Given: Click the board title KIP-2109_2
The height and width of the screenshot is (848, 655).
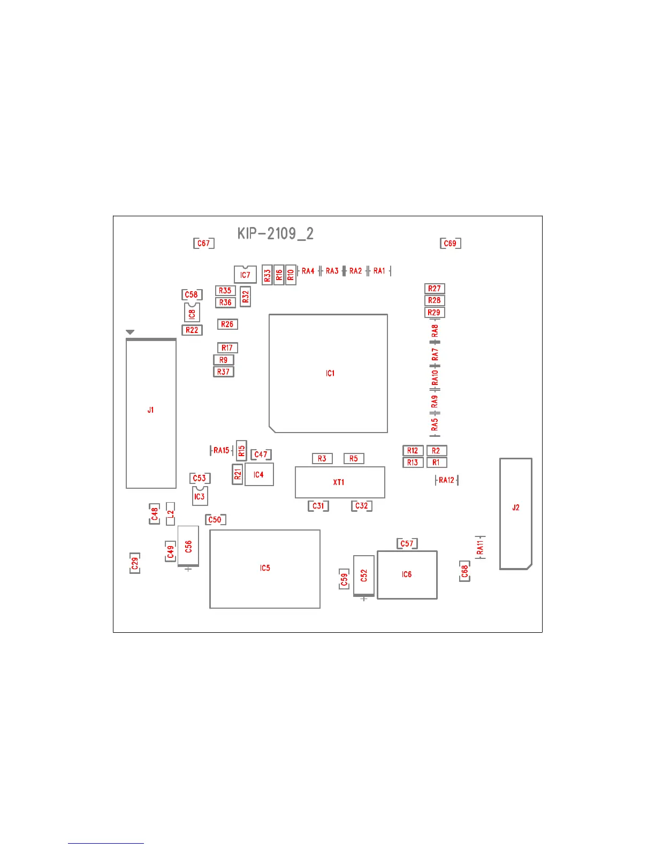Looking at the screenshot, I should [275, 234].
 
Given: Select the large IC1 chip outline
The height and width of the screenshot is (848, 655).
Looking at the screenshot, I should [329, 373].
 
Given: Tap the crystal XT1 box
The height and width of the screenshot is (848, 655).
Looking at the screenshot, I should [340, 482].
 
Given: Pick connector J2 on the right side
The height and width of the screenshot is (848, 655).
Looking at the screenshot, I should [515, 513].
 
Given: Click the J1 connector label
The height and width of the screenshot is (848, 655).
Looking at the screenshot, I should [150, 410].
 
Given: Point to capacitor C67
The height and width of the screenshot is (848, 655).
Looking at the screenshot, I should [203, 243].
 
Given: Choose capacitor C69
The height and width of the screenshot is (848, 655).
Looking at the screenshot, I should [450, 243].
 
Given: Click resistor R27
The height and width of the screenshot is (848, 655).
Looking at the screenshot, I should [435, 289].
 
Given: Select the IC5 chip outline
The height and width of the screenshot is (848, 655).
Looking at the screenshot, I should [265, 569].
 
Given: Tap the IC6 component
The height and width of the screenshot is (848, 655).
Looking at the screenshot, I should [407, 574].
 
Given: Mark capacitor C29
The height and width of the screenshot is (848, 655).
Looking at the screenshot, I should [135, 563].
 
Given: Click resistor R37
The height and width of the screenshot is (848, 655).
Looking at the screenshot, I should [224, 372].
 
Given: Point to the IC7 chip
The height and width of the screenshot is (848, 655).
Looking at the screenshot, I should [245, 275].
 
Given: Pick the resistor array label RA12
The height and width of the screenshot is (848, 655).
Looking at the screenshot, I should [446, 480].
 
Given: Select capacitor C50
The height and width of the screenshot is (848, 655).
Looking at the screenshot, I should [215, 519].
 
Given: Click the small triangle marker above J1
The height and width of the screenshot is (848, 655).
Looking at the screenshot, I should [130, 332].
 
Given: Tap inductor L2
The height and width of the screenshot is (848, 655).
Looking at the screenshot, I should [171, 514].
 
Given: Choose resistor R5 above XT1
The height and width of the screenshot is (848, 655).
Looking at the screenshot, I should [354, 459].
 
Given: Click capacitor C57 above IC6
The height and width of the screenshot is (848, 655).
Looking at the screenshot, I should [407, 544].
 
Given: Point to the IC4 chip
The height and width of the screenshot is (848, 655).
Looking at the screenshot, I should [259, 475].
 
